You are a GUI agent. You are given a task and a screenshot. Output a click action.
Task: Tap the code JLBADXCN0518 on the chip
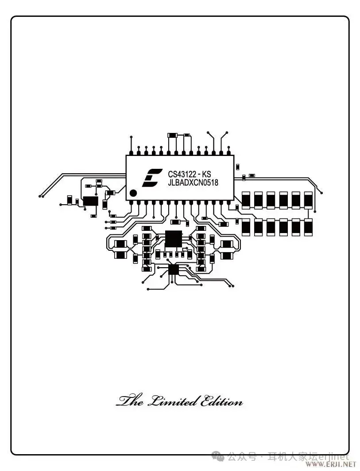point(193,183)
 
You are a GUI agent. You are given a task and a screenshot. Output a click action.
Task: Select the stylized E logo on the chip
point(150,178)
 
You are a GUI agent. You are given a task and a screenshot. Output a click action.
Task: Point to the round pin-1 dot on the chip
point(132,193)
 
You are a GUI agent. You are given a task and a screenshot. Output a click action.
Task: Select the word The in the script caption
point(130,401)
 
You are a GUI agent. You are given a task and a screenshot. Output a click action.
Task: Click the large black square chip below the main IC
point(173,239)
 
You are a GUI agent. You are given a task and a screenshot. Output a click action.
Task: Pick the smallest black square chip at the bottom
point(173,269)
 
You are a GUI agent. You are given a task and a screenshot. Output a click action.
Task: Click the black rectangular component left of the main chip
point(91,201)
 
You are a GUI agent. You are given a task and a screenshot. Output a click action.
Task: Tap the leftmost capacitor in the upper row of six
point(246,199)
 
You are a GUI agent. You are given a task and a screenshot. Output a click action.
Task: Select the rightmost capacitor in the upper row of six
point(308,199)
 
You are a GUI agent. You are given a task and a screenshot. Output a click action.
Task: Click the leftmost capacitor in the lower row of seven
point(246,226)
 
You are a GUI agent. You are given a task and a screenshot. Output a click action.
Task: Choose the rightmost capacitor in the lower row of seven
point(308,226)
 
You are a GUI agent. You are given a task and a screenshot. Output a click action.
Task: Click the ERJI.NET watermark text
point(334,464)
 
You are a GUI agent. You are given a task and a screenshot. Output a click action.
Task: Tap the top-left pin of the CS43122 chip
point(131,153)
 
